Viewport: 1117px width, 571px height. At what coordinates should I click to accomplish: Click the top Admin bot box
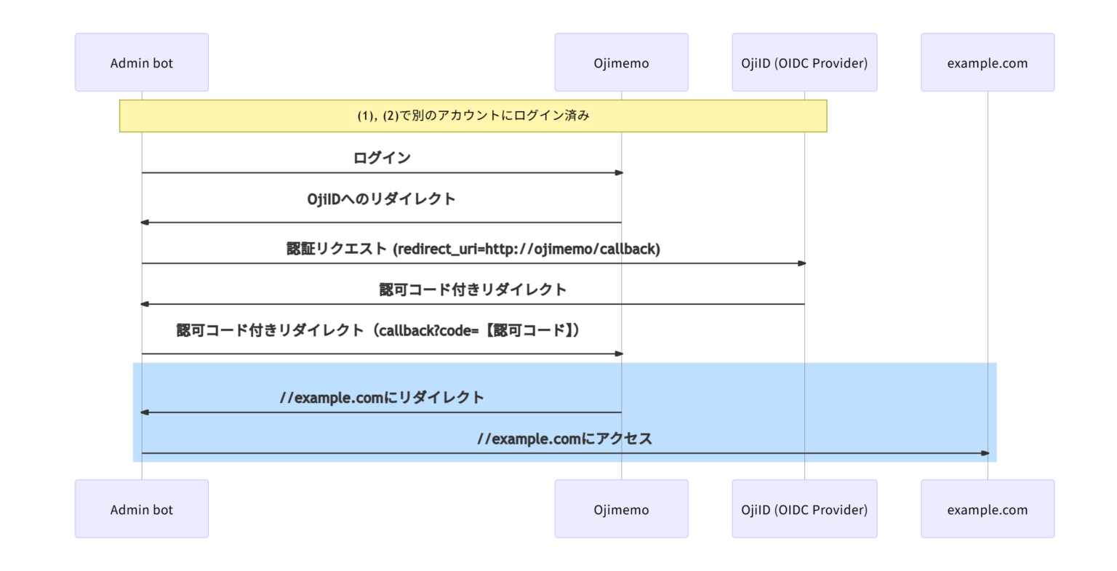(142, 63)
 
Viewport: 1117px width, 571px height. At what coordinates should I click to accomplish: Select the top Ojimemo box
(621, 63)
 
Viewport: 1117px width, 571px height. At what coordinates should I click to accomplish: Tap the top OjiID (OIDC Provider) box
(804, 63)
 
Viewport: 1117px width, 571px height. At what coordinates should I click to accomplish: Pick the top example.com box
(988, 63)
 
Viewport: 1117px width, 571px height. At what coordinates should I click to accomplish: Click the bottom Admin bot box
(142, 509)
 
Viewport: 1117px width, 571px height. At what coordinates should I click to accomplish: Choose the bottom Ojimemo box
(621, 509)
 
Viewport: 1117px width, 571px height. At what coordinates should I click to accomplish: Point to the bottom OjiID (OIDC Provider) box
(804, 509)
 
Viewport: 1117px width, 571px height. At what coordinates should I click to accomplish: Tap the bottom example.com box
(988, 509)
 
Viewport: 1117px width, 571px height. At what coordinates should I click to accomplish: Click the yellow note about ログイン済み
(473, 116)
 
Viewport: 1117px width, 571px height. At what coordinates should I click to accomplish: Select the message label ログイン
(382, 158)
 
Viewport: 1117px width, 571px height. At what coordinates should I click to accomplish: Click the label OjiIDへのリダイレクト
(381, 199)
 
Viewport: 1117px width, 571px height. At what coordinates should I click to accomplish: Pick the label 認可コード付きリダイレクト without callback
(473, 290)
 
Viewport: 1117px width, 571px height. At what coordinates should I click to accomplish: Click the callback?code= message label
(379, 330)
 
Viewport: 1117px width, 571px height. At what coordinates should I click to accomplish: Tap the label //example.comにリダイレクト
(382, 397)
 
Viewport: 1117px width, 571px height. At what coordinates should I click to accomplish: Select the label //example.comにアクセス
(564, 439)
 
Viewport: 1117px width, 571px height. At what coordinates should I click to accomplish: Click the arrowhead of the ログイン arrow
(619, 173)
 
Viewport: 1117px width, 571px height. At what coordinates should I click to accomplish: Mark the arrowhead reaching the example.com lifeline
(985, 453)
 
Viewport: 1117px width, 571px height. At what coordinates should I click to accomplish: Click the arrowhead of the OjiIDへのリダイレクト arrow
(145, 223)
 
